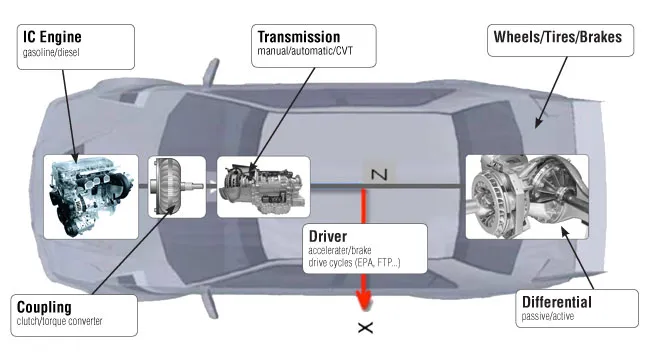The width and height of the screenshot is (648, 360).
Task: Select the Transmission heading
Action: pyautogui.click(x=299, y=37)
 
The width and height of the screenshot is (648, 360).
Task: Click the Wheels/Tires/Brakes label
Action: pyautogui.click(x=557, y=38)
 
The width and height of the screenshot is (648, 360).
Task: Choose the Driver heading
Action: pyautogui.click(x=329, y=236)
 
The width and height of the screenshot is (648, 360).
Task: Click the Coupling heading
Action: pyautogui.click(x=50, y=305)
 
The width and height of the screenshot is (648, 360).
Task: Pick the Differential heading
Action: pyautogui.click(x=557, y=301)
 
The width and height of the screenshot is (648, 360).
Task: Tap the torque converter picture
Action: pyautogui.click(x=176, y=186)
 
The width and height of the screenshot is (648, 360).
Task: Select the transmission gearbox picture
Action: pyautogui.click(x=262, y=187)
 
